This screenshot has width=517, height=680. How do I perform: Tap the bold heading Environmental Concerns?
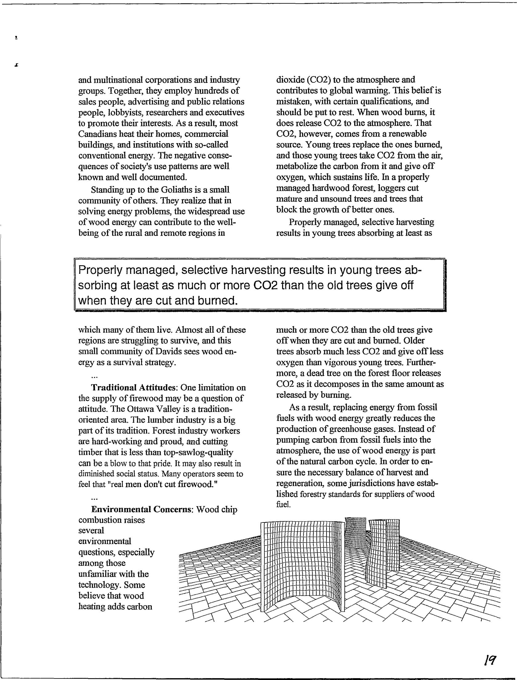tap(142, 509)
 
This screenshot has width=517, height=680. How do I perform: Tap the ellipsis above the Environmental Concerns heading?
tap(94, 498)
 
